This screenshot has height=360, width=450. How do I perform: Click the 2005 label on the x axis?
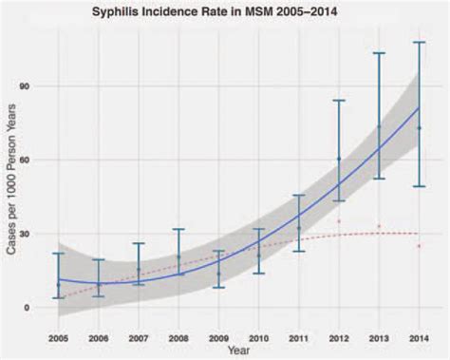pyautogui.click(x=58, y=336)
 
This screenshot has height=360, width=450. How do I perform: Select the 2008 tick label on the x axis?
pyautogui.click(x=178, y=336)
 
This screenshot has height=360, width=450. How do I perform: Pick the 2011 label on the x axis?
pyautogui.click(x=298, y=336)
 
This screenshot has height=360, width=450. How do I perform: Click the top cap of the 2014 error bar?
pyautogui.click(x=419, y=43)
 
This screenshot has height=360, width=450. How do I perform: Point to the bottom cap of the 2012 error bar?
pyautogui.click(x=339, y=200)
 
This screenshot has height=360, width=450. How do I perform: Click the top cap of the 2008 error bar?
pyautogui.click(x=178, y=229)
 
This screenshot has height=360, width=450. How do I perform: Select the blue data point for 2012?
pyautogui.click(x=339, y=159)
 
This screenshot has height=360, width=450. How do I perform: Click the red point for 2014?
pyautogui.click(x=419, y=246)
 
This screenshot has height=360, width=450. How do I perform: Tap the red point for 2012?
pyautogui.click(x=339, y=221)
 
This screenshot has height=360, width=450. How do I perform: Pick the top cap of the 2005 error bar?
pyautogui.click(x=58, y=254)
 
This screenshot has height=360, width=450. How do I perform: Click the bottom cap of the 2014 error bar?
pyautogui.click(x=419, y=186)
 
